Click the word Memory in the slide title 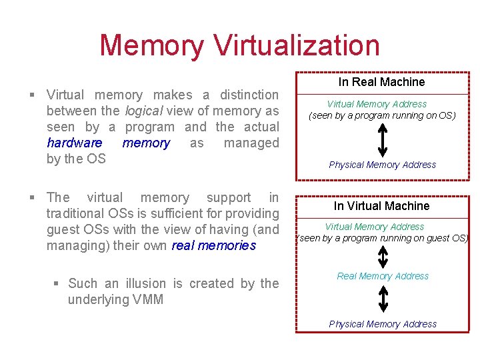(152, 45)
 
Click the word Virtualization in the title (297, 45)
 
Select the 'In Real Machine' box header (381, 82)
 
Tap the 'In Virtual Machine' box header (381, 206)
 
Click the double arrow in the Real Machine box (382, 140)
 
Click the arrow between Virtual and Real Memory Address (383, 256)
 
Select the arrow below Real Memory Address (383, 299)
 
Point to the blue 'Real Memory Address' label (383, 276)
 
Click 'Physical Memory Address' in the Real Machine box (382, 165)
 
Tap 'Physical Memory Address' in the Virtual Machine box (383, 324)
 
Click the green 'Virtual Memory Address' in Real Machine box (377, 104)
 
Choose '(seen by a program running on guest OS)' (382, 238)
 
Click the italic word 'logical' (141, 111)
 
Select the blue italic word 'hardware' (75, 143)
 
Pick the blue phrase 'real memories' (213, 245)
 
